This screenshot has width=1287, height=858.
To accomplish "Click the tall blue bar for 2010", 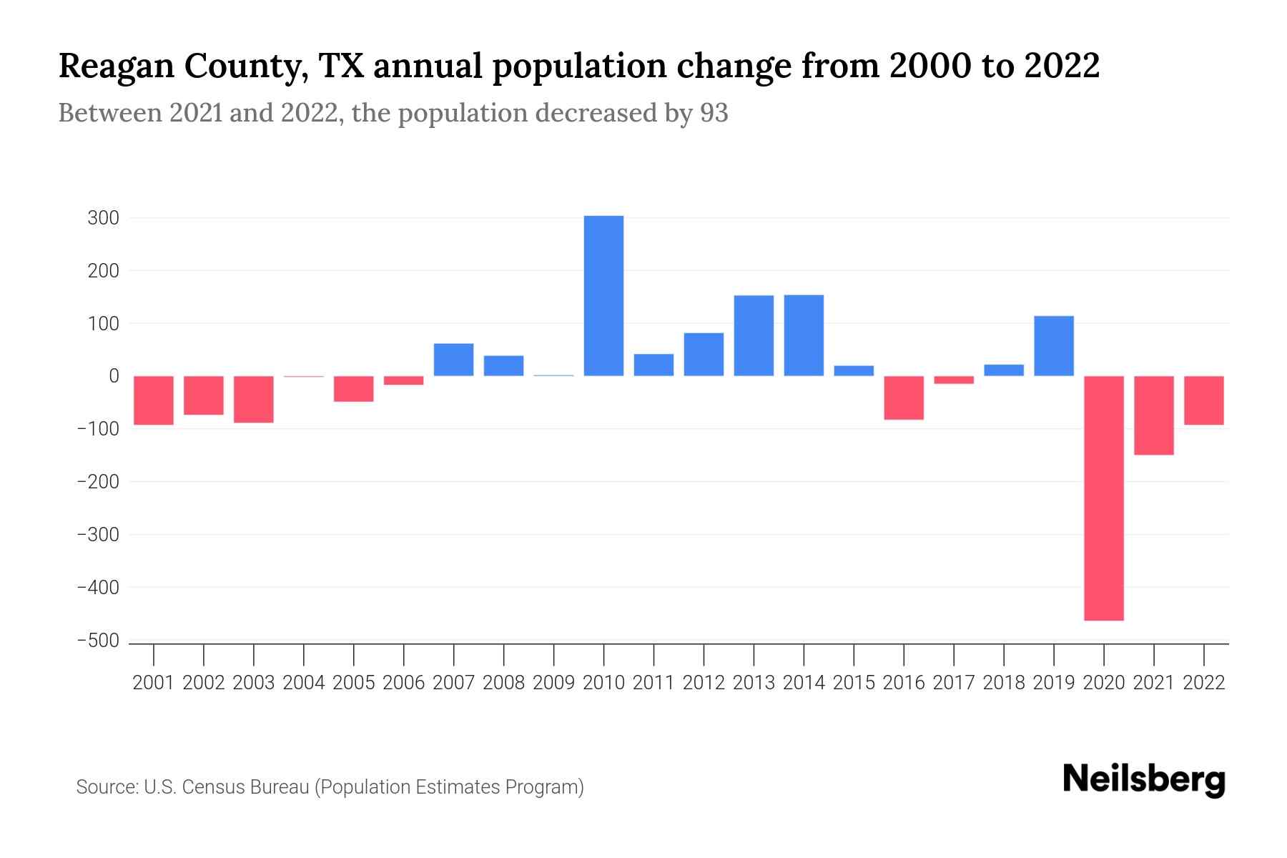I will pos(603,295).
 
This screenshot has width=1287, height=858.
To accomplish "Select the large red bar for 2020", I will pos(1103,498).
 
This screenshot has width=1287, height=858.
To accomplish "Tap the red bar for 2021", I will pos(1153,415).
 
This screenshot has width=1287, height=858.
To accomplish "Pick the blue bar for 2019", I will pos(1053,345).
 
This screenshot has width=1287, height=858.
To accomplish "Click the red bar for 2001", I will pos(154,400).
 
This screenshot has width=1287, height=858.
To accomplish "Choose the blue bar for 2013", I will pos(754,335).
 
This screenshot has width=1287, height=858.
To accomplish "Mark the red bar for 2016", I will pos(904,398).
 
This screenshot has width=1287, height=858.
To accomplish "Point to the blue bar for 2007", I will pos(453,360).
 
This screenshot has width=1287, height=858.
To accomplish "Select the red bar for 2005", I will pos(354,389).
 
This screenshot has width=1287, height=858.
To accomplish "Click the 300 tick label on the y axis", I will pos(103,218).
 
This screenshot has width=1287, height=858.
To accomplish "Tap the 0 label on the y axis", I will pos(113,376).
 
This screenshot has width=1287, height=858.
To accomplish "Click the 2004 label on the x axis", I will pos(304,683).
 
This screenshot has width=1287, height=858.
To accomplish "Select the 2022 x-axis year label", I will pos(1204,683).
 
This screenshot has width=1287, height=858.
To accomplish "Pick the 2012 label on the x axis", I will pos(704,683).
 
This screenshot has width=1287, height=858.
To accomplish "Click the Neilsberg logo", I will pos(1144,779).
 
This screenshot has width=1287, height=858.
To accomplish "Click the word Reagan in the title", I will pos(114,66).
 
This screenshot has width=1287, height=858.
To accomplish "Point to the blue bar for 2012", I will pos(704,354).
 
